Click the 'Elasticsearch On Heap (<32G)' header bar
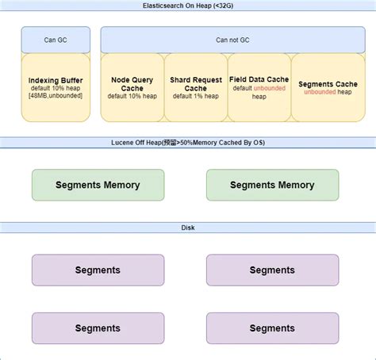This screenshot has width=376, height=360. click(188, 6)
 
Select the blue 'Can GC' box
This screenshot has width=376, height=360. click(56, 39)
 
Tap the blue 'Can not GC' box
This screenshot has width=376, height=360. click(232, 39)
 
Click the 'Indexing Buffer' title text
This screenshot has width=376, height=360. click(56, 80)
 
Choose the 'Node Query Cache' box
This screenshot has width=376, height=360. click(132, 87)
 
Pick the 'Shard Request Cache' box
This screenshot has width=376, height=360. click(196, 87)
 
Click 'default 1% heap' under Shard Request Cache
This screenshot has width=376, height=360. click(196, 96)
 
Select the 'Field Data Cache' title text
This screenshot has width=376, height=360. click(259, 79)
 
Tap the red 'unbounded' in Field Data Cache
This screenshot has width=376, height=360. click(269, 88)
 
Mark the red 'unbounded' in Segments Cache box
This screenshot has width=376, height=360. click(320, 92)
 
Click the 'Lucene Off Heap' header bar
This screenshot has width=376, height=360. click(188, 143)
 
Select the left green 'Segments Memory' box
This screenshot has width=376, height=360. click(98, 185)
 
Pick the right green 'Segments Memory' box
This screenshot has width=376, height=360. click(272, 185)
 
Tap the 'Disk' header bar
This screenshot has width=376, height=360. click(188, 228)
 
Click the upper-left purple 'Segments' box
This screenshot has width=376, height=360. click(98, 270)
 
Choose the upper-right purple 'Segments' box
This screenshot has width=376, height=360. click(272, 270)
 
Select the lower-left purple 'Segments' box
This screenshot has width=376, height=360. click(98, 327)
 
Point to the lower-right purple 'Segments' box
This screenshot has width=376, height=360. click(272, 327)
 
